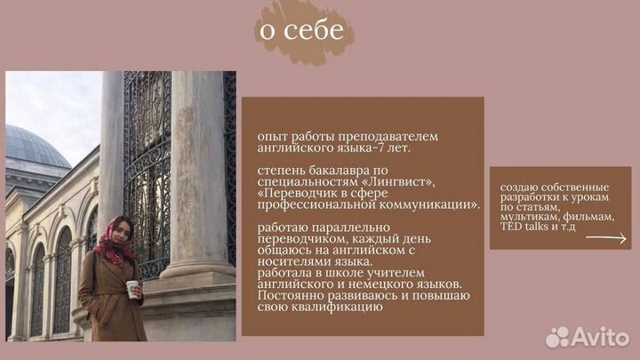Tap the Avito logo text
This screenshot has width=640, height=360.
coord(602,335)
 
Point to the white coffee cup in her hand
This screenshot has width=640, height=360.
coord(132,289)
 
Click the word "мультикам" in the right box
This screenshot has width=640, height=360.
coord(531,216)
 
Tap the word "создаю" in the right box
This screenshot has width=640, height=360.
coord(519,188)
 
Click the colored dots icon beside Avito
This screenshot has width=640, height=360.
coord(558,336)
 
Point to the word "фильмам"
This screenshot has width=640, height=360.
coord(588,216)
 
